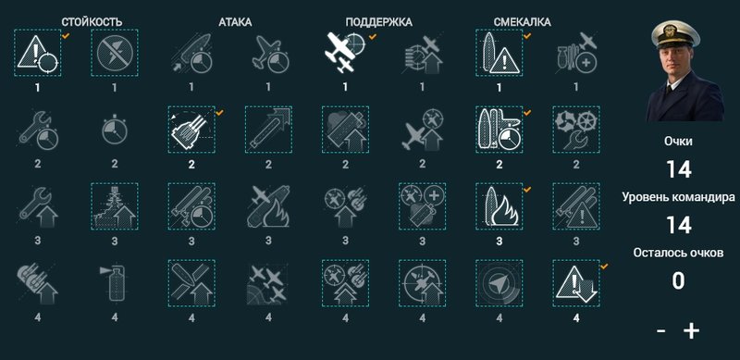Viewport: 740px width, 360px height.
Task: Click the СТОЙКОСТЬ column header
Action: [92, 21]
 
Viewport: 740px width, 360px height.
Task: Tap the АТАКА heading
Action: [235, 21]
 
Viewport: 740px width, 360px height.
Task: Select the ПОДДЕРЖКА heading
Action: [378, 21]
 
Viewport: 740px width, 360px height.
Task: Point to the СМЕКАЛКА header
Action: [522, 21]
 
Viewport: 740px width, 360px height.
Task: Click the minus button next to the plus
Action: [661, 331]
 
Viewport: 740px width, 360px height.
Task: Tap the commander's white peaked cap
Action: [675, 33]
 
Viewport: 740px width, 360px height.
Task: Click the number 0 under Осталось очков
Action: [678, 280]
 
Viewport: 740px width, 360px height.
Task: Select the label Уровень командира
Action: [678, 197]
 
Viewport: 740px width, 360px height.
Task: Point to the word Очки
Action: [678, 142]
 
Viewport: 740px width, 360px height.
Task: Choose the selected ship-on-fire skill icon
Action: [499, 206]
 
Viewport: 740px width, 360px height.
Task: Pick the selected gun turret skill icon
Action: [191, 129]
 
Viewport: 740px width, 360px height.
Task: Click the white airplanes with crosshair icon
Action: [345, 52]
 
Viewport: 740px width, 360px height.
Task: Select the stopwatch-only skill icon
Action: [115, 130]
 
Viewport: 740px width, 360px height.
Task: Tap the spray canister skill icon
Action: [115, 283]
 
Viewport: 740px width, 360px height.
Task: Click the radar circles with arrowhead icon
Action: [499, 283]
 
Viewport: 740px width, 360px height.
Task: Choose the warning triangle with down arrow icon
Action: [576, 283]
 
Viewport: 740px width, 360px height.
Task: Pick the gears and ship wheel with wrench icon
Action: [576, 129]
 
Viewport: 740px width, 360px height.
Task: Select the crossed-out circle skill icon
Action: [115, 53]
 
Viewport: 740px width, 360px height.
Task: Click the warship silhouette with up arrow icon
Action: [115, 206]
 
